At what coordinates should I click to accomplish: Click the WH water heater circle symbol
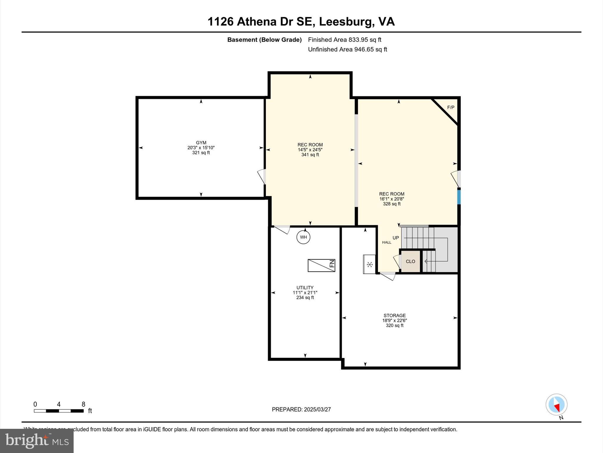click(x=303, y=237)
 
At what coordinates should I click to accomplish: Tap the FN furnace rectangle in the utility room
click(x=321, y=265)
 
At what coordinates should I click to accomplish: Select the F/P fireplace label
click(x=450, y=108)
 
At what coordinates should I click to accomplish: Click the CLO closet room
click(x=410, y=261)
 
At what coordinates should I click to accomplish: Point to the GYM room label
click(x=201, y=143)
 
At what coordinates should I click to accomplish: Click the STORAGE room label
click(x=395, y=316)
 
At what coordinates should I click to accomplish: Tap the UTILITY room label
click(x=305, y=288)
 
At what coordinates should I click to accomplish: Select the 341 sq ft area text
click(x=310, y=155)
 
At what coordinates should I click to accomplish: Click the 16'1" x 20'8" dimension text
click(x=392, y=199)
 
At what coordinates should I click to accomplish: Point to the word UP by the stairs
click(x=396, y=238)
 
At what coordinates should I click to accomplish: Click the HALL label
click(x=387, y=242)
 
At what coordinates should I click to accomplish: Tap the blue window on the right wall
click(x=458, y=197)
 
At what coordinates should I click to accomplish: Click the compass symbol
click(x=556, y=405)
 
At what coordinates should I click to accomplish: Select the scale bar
click(x=59, y=411)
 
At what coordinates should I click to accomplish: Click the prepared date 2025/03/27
click(x=317, y=409)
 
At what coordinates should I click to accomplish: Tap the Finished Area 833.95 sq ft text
click(x=344, y=40)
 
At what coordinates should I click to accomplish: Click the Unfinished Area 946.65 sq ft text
click(x=347, y=50)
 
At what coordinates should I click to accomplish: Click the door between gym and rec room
click(x=263, y=177)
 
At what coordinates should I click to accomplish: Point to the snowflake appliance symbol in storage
click(x=370, y=264)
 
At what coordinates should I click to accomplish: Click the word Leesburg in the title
click(x=345, y=22)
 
